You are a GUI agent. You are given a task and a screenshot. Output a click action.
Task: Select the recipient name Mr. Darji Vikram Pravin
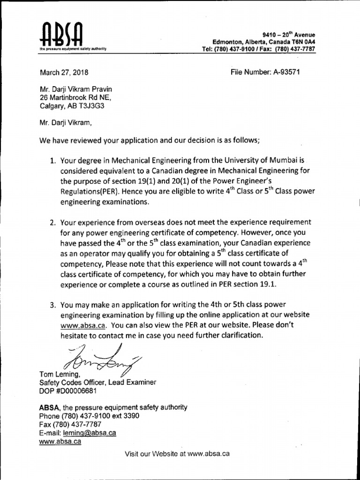click(x=75, y=89)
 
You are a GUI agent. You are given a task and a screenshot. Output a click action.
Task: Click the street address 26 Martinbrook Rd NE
click(x=75, y=97)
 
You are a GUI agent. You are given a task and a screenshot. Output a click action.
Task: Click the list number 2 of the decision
click(x=53, y=222)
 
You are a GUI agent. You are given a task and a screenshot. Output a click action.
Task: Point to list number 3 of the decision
click(x=53, y=305)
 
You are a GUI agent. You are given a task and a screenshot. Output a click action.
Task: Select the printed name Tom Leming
click(x=59, y=374)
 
